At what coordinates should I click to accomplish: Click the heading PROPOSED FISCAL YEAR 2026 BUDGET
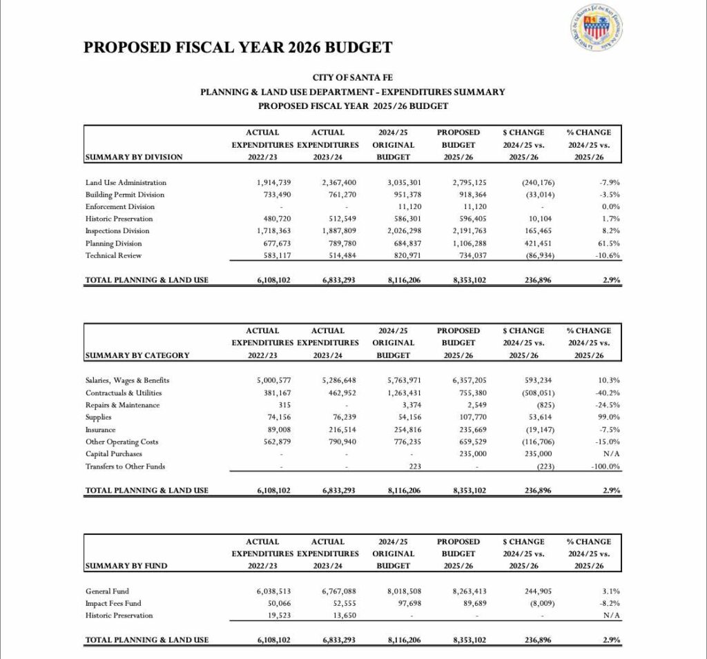pos(238,48)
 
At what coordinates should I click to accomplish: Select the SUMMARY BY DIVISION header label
pos(134,157)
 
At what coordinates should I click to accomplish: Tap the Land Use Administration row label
pos(126,182)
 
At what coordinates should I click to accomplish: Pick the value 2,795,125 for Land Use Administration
pos(469,182)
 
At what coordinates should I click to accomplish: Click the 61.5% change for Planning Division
pos(609,243)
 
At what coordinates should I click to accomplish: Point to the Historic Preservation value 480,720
pos(273,219)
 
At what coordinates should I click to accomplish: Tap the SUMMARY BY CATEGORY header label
pos(137,355)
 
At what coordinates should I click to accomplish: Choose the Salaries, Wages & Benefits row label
pos(127,380)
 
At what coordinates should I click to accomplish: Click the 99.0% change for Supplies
pos(609,417)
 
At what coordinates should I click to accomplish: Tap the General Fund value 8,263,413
pos(469,591)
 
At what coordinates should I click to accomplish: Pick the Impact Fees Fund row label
pos(113,603)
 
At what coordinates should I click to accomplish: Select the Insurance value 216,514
pos(338,429)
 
